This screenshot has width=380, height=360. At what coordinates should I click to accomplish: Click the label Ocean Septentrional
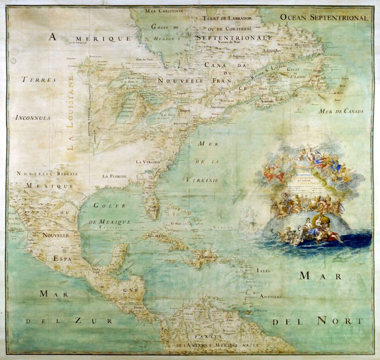[x=324, y=18]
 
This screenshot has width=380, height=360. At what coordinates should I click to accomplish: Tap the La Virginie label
[x=148, y=162]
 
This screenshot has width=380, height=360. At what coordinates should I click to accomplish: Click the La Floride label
[x=114, y=176]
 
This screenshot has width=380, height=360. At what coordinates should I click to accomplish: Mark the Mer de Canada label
[x=341, y=111]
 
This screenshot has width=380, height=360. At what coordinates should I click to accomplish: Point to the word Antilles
[x=271, y=296]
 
